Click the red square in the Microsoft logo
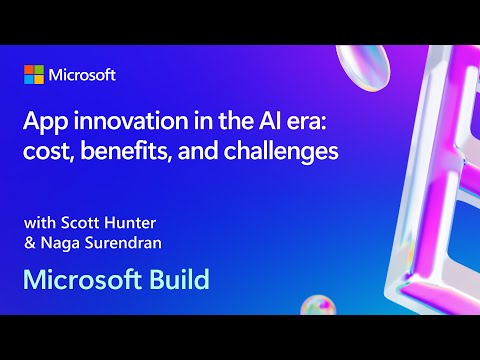[29, 70]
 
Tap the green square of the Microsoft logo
[39, 70]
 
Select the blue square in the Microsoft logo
[29, 80]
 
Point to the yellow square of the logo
[39, 80]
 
